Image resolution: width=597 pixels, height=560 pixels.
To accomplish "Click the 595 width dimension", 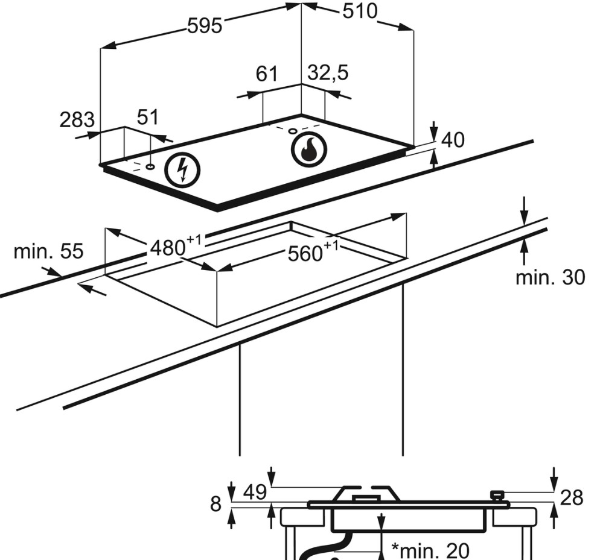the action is [205, 27].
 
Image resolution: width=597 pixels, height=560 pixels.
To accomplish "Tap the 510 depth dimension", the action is [360, 11].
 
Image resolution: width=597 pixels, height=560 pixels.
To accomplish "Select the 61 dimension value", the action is [267, 74].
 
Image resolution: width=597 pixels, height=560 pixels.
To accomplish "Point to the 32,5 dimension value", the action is [328, 72].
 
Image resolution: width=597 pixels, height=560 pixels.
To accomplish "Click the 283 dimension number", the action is [77, 119].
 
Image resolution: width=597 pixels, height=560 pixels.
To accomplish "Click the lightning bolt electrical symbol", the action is [182, 170].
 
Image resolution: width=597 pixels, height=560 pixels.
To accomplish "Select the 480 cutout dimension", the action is [175, 246].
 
